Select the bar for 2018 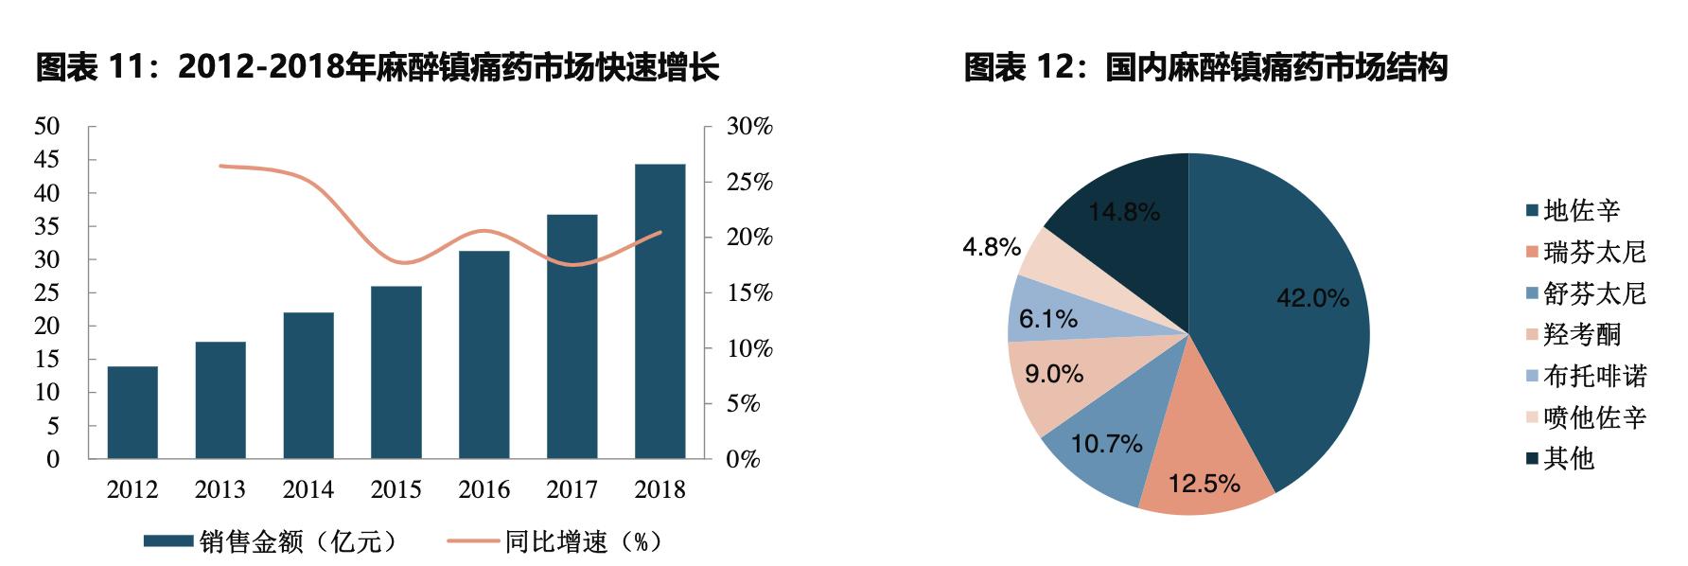[659, 311]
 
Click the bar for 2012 [132, 412]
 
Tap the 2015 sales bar [396, 372]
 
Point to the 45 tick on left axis [46, 160]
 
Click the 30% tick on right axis [749, 127]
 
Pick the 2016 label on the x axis [484, 489]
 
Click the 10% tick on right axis [749, 348]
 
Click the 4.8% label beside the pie [991, 248]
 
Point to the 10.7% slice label [1106, 443]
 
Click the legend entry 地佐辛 [1581, 210]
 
